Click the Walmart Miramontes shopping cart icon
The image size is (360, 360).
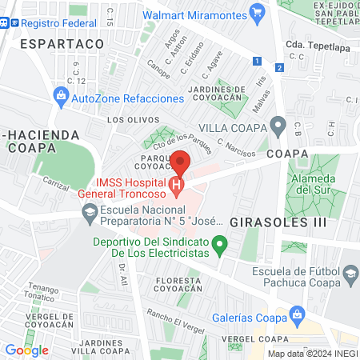click(x=257, y=13)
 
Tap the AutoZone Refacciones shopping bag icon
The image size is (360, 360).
click(x=60, y=98)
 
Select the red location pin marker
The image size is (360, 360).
click(x=182, y=162)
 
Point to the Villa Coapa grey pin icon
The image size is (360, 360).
click(x=278, y=126)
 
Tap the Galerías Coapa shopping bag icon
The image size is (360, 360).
click(x=298, y=314)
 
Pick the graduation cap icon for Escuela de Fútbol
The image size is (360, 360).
click(x=349, y=274)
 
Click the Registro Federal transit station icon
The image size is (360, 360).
click(x=6, y=24)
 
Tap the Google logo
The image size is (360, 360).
click(x=26, y=350)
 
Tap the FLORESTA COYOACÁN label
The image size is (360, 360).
click(x=178, y=285)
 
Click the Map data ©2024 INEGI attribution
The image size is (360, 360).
click(x=312, y=353)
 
